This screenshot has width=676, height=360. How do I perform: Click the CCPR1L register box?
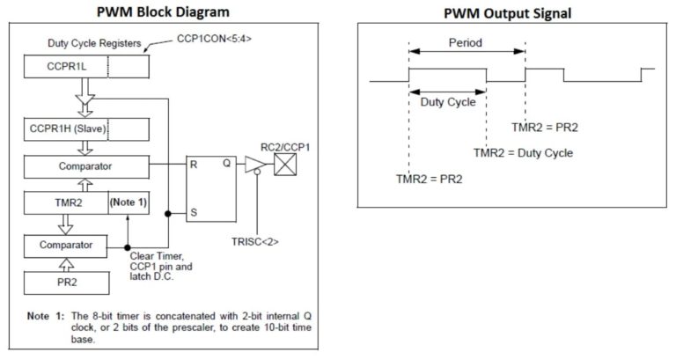(x=86, y=66)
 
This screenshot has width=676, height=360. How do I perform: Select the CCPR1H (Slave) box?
(x=86, y=129)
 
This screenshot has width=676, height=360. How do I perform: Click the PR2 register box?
(x=66, y=283)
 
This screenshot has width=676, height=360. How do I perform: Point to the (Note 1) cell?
(x=129, y=202)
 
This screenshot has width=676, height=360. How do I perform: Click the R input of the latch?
(x=194, y=165)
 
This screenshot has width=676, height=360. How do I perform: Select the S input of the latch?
(x=194, y=212)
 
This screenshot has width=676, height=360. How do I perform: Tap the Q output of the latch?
(x=227, y=164)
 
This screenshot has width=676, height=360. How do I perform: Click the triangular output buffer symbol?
(x=255, y=165)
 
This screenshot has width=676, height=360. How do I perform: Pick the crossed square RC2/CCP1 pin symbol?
(x=285, y=165)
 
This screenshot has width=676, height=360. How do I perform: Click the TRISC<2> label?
(x=254, y=241)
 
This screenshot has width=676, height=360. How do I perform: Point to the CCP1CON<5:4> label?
(x=214, y=39)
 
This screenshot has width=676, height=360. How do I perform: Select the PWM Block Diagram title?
(x=163, y=11)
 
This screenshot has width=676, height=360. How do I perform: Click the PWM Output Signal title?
(x=507, y=13)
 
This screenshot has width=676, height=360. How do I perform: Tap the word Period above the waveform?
(x=465, y=42)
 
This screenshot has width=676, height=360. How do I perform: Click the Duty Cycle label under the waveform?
(x=448, y=102)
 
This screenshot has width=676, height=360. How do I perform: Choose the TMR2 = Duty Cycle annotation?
(x=524, y=153)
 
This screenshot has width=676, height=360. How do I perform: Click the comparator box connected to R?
(x=86, y=166)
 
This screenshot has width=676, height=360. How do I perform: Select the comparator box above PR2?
(x=65, y=246)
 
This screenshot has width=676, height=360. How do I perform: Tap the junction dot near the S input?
(x=168, y=213)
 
